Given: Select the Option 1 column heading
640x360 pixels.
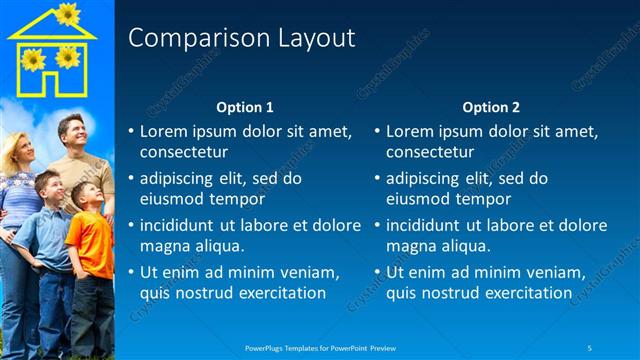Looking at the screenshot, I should pyautogui.click(x=245, y=107).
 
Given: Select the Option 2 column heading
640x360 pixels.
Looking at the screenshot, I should pyautogui.click(x=491, y=107).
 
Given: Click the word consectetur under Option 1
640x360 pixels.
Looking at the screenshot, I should pyautogui.click(x=183, y=153).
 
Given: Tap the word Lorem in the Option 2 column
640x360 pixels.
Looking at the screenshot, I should pyautogui.click(x=408, y=131).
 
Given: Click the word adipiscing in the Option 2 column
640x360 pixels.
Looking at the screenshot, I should pyautogui.click(x=423, y=178).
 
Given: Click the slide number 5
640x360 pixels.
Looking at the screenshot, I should pyautogui.click(x=590, y=347).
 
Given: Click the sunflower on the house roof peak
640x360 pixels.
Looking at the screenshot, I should pyautogui.click(x=67, y=13).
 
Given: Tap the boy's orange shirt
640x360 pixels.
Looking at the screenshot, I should pyautogui.click(x=93, y=246).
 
